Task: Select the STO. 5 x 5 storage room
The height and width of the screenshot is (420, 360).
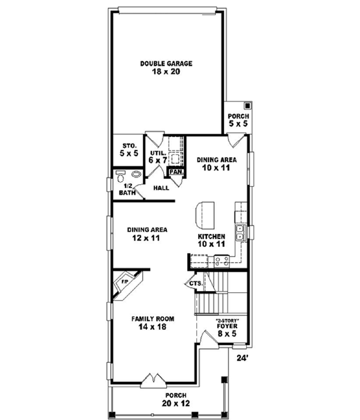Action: (130, 149)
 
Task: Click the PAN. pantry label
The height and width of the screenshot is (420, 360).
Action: (176, 172)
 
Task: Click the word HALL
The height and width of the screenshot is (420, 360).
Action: (160, 188)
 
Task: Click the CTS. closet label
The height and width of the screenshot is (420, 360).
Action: (196, 283)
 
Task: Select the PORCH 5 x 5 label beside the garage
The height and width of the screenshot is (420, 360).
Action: (235, 119)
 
